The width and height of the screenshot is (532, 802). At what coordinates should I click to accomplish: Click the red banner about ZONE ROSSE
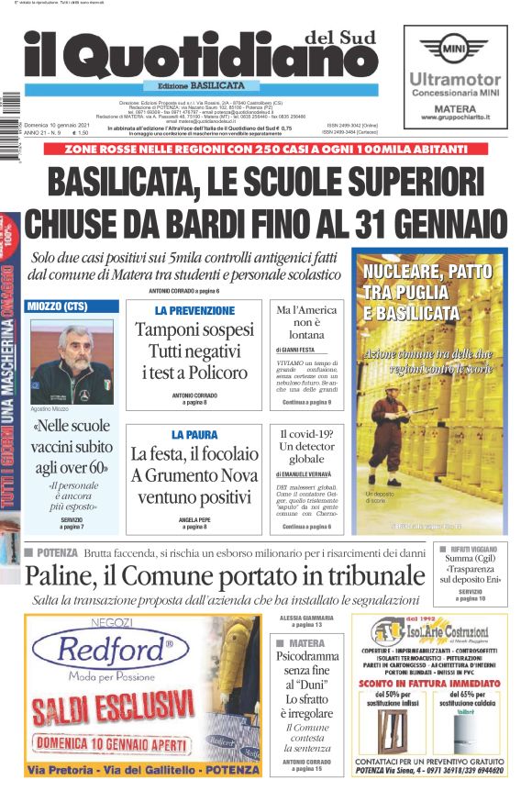pos(265,149)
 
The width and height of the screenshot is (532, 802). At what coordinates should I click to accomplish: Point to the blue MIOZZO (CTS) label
pos(73,306)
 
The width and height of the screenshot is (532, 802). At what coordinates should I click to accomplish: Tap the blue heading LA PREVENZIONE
pos(194,311)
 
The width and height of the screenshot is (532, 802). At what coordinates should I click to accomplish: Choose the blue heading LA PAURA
pos(194,434)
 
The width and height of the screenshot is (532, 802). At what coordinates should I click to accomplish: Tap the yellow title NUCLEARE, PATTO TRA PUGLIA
pos(427,292)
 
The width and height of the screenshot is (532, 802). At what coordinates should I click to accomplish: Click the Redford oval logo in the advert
pos(115,652)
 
